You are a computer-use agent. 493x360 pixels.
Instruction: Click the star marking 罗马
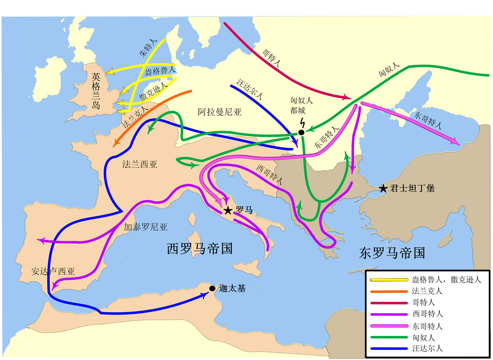228,211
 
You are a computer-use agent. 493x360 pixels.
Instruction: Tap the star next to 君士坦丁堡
383,189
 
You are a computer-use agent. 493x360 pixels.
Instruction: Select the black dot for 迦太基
212,288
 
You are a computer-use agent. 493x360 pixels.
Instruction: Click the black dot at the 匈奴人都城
301,132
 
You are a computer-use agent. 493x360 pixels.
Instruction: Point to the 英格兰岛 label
96,91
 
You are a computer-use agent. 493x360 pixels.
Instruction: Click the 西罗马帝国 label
200,249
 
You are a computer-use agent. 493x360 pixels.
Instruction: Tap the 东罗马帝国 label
392,252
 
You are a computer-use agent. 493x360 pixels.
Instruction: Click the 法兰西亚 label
140,164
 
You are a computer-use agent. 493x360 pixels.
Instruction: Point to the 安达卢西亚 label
53,271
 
